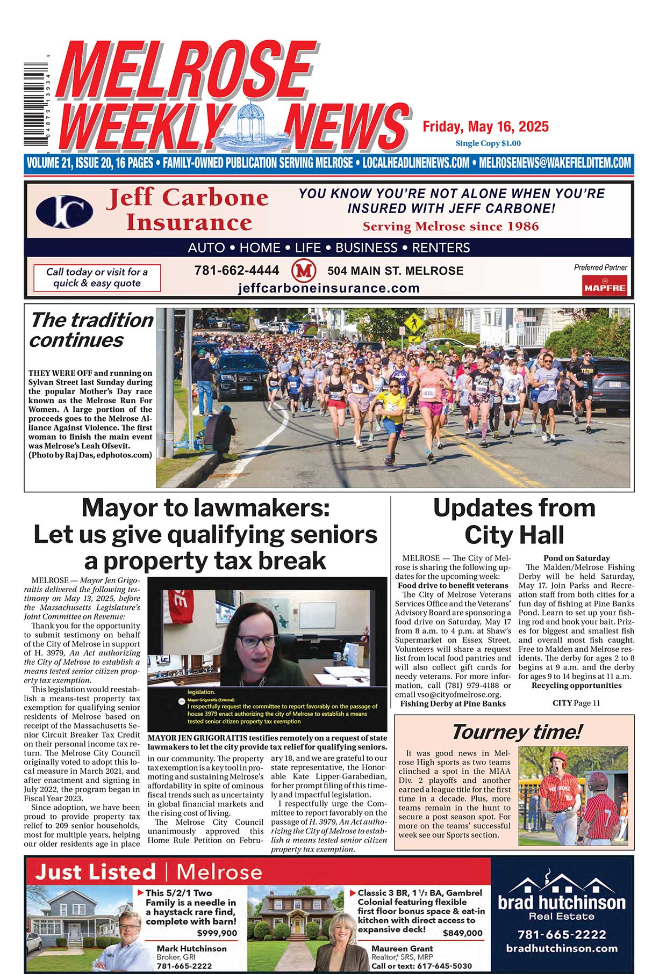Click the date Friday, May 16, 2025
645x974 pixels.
tap(485, 127)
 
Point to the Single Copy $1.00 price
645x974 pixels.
tap(488, 143)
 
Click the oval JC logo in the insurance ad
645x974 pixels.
tap(64, 211)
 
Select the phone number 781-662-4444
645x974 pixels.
tap(236, 271)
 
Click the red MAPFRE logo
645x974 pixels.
tap(605, 285)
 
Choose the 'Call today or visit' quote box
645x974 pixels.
tap(97, 278)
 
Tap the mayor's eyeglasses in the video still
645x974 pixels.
tap(257, 641)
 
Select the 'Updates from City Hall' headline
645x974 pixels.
tap(514, 521)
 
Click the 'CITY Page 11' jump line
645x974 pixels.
tap(576, 703)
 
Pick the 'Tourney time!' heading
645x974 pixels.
tap(516, 732)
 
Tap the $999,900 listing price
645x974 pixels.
tap(217, 933)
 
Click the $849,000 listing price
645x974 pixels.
tap(462, 933)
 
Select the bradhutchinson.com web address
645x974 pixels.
tap(562, 948)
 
